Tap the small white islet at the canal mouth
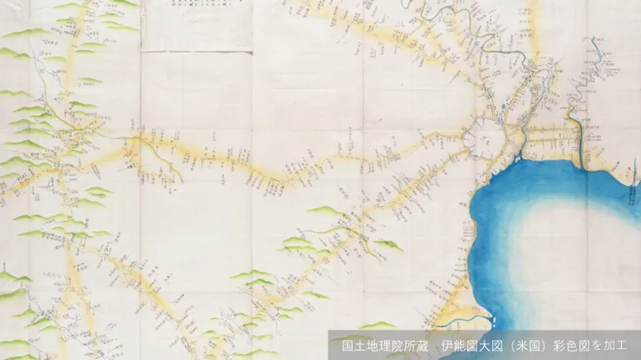pyautogui.click(x=518, y=158)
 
